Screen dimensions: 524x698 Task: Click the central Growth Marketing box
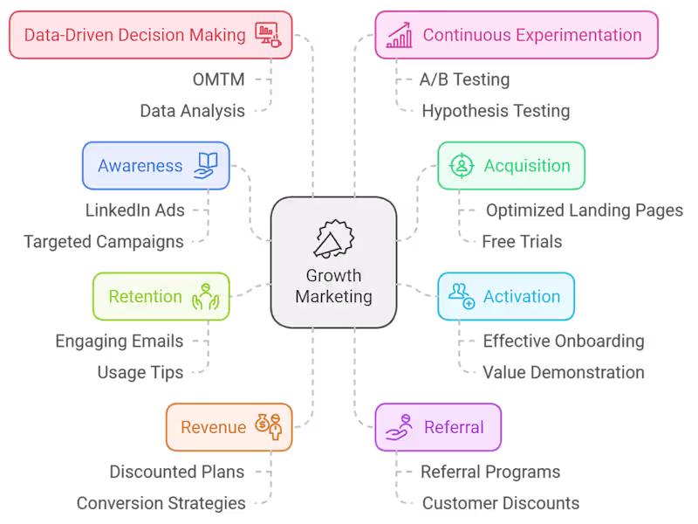point(333,262)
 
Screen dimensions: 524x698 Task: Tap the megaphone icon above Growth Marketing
point(333,237)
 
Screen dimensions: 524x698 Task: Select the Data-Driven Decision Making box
point(149,35)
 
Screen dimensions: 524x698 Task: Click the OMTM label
point(218,79)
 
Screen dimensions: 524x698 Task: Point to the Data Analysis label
point(192,111)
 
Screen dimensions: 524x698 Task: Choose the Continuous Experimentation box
point(517,35)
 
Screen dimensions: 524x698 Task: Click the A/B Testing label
point(464,79)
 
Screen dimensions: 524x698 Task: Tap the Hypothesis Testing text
point(496,111)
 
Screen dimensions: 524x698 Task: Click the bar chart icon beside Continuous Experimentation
point(400,36)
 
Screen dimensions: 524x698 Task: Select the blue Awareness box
point(156,166)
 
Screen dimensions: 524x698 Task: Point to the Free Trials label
point(522,242)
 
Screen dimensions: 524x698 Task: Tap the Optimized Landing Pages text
point(584,210)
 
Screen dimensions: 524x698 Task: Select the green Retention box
point(161,297)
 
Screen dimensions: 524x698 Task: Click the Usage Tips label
point(140,373)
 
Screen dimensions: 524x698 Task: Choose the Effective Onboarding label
point(564,341)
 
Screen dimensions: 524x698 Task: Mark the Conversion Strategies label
point(161,504)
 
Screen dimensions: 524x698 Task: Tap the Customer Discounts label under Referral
point(501,504)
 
